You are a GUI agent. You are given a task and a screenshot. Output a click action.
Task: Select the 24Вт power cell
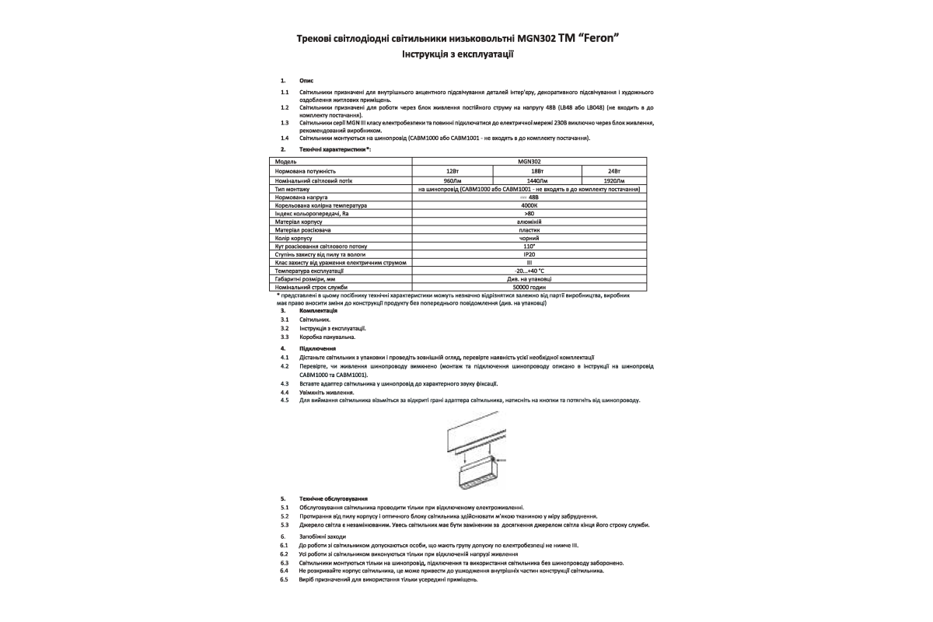click(x=614, y=170)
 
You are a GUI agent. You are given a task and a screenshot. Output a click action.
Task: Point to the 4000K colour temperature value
click(x=529, y=206)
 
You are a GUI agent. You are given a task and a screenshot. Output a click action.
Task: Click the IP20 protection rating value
click(x=529, y=254)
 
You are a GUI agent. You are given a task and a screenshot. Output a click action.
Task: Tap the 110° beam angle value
click(x=529, y=246)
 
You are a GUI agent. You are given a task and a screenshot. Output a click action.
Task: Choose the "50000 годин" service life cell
click(x=529, y=287)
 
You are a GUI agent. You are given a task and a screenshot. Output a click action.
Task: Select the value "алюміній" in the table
click(x=529, y=222)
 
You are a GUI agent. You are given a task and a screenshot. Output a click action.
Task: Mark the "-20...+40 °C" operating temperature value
click(x=529, y=271)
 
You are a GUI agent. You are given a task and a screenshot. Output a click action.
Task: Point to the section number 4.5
click(x=285, y=400)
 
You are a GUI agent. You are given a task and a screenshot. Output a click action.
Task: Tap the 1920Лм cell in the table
click(x=614, y=180)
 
